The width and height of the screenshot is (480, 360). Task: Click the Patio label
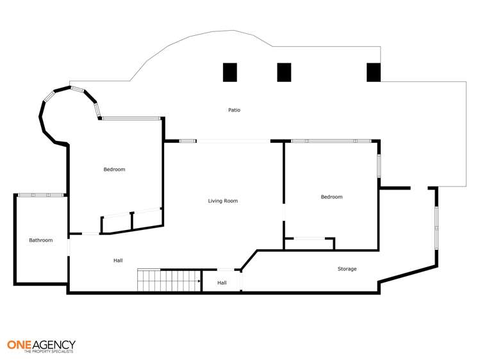(x=235, y=110)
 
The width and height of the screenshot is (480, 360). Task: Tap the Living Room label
(x=222, y=201)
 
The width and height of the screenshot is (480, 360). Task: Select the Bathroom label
(x=40, y=240)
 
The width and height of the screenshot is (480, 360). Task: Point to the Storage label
(x=347, y=269)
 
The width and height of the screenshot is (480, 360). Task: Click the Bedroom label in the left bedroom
(x=114, y=170)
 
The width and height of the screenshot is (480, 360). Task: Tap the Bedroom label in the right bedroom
(x=331, y=197)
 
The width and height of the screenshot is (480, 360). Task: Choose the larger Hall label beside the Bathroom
(x=118, y=261)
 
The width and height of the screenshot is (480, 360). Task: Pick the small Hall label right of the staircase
(x=222, y=282)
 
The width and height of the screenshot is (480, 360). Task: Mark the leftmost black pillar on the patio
(x=230, y=72)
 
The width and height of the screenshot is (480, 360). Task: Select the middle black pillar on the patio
(x=285, y=72)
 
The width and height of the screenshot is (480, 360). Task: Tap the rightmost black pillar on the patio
(x=374, y=72)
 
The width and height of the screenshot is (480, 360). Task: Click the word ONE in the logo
(x=20, y=344)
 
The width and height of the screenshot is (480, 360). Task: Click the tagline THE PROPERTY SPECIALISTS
(x=49, y=352)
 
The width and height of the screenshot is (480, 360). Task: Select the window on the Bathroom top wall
(x=40, y=195)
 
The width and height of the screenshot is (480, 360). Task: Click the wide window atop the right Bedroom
(x=331, y=141)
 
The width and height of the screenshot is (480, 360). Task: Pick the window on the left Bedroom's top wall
(x=131, y=118)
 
